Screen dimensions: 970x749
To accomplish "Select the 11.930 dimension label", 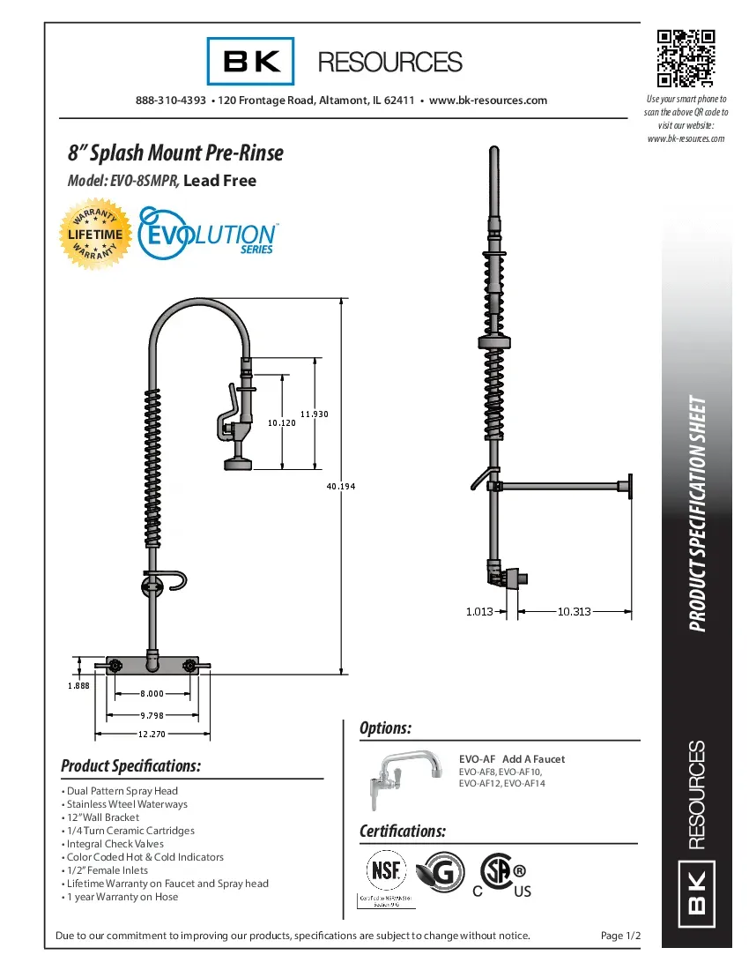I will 315,414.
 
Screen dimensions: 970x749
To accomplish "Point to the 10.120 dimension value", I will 281,423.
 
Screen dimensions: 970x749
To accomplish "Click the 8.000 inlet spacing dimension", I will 152,694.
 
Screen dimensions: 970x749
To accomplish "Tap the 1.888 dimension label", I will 78,686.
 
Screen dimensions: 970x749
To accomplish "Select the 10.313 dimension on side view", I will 575,610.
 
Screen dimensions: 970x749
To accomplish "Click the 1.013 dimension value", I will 478,610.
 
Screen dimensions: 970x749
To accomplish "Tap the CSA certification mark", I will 498,874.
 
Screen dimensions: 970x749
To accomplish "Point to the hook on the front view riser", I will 180,580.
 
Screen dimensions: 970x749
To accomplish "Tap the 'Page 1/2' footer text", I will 619,936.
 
